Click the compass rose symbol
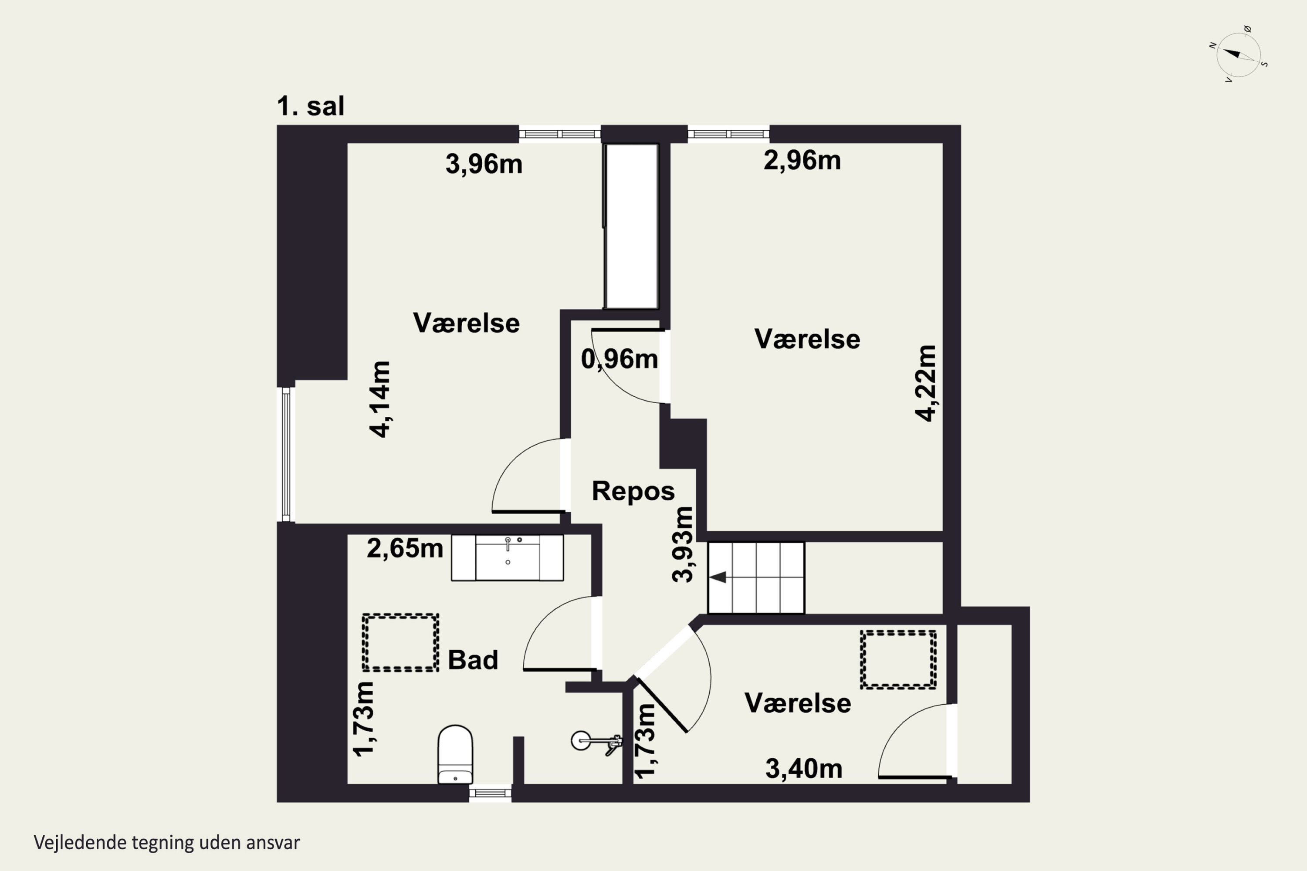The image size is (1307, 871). pyautogui.click(x=1238, y=55)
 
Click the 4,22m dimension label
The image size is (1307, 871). pyautogui.click(x=926, y=383)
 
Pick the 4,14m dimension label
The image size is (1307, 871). pyautogui.click(x=381, y=399)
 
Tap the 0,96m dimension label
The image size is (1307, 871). pyautogui.click(x=620, y=359)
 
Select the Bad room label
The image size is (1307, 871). pyautogui.click(x=473, y=660)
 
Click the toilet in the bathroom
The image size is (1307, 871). pyautogui.click(x=455, y=754)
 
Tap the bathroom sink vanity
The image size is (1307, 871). pyautogui.click(x=508, y=558)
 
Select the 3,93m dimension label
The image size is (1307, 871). pyautogui.click(x=682, y=544)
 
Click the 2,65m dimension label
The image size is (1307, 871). pyautogui.click(x=405, y=548)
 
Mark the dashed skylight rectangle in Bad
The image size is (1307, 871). pyautogui.click(x=400, y=643)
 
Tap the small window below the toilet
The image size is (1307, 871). pyautogui.click(x=490, y=793)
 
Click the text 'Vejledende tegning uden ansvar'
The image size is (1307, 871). pyautogui.click(x=167, y=843)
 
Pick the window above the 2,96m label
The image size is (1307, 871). pyautogui.click(x=728, y=134)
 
